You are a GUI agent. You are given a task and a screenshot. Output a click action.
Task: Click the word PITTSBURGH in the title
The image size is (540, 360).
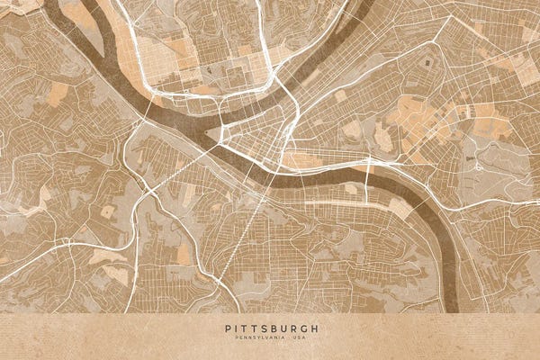click(270, 328)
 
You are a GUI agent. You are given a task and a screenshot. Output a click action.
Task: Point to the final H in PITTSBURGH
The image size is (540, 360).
click(315, 328)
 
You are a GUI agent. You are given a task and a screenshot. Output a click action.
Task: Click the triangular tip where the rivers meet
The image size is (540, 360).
click(209, 135)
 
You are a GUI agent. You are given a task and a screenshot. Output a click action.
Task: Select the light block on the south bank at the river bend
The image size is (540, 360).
click(401, 208)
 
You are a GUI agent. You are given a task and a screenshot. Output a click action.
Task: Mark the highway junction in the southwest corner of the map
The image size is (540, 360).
click(67, 243)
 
